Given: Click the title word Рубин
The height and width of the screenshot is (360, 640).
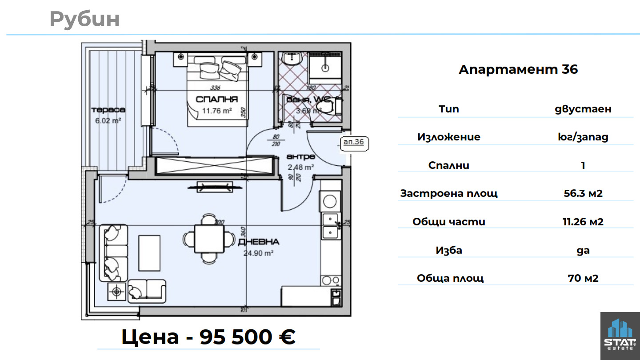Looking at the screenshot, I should coord(84,19).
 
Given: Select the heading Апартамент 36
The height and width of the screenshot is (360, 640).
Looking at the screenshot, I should coord(518,69).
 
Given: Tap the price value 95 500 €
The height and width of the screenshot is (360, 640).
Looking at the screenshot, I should coord(247,337).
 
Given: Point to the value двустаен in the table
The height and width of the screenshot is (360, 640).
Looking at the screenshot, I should coord(583,109).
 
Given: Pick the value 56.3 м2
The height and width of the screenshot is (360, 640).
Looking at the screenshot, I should coord(583,193).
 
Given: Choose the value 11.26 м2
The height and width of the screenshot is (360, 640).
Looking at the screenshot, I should coord(583,222).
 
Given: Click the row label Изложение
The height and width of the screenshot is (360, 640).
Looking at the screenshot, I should coord(449,137).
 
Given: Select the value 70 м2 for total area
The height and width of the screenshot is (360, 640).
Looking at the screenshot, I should coord(583,278).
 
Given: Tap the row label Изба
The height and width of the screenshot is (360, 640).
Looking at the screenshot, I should coord(449,250).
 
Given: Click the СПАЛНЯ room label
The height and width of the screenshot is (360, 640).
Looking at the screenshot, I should coord(217,99).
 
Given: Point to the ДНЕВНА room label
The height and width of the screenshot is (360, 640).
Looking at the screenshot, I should coord(258,242).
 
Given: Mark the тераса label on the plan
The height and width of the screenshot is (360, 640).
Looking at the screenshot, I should coord(108,110).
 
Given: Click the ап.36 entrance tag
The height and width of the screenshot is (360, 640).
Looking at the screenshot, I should coord(354,142).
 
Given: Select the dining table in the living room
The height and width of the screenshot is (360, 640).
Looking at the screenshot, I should coord(209,239).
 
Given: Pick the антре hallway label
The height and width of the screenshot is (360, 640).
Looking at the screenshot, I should coord(301,157).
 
